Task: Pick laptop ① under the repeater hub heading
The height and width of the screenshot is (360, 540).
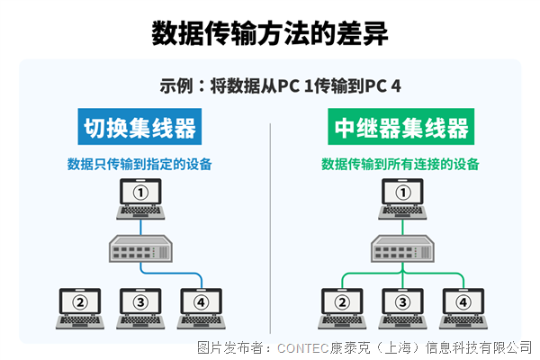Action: pyautogui.click(x=402, y=197)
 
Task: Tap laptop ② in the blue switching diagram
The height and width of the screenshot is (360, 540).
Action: pyautogui.click(x=80, y=306)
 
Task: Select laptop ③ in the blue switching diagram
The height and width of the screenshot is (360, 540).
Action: pyautogui.click(x=139, y=306)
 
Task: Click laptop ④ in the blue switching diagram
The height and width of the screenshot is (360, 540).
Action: pyautogui.click(x=201, y=306)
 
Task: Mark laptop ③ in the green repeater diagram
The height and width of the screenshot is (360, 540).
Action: pyautogui.click(x=402, y=306)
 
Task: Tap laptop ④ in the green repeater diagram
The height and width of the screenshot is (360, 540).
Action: pyautogui.click(x=463, y=306)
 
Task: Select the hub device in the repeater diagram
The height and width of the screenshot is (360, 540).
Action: pyautogui.click(x=402, y=247)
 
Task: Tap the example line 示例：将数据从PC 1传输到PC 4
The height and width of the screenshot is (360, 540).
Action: pyautogui.click(x=270, y=87)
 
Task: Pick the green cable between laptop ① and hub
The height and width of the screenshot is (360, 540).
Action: pyautogui.click(x=402, y=226)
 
